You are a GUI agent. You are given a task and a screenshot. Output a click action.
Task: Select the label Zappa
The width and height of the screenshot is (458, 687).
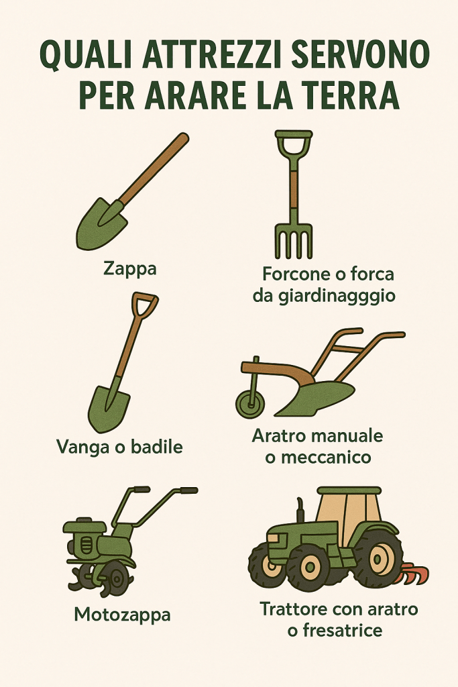[130, 268]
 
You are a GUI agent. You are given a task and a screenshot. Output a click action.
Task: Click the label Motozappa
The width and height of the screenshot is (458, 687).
[122, 615]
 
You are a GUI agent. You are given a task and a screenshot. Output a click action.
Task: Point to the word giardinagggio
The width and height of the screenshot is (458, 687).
[337, 296]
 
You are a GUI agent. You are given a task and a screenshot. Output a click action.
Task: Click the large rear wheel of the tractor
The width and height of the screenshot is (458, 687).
[378, 560]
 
